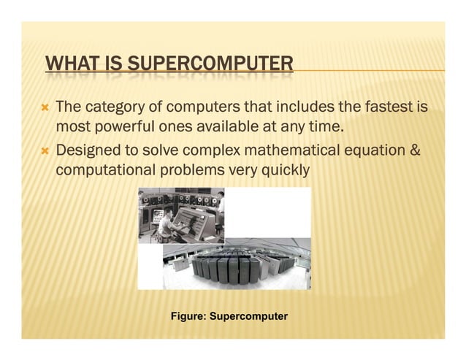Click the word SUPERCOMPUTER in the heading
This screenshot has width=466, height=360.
click(x=212, y=64)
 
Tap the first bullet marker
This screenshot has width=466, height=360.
click(x=45, y=108)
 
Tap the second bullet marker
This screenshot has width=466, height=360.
click(x=45, y=151)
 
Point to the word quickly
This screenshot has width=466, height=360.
click(x=284, y=170)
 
